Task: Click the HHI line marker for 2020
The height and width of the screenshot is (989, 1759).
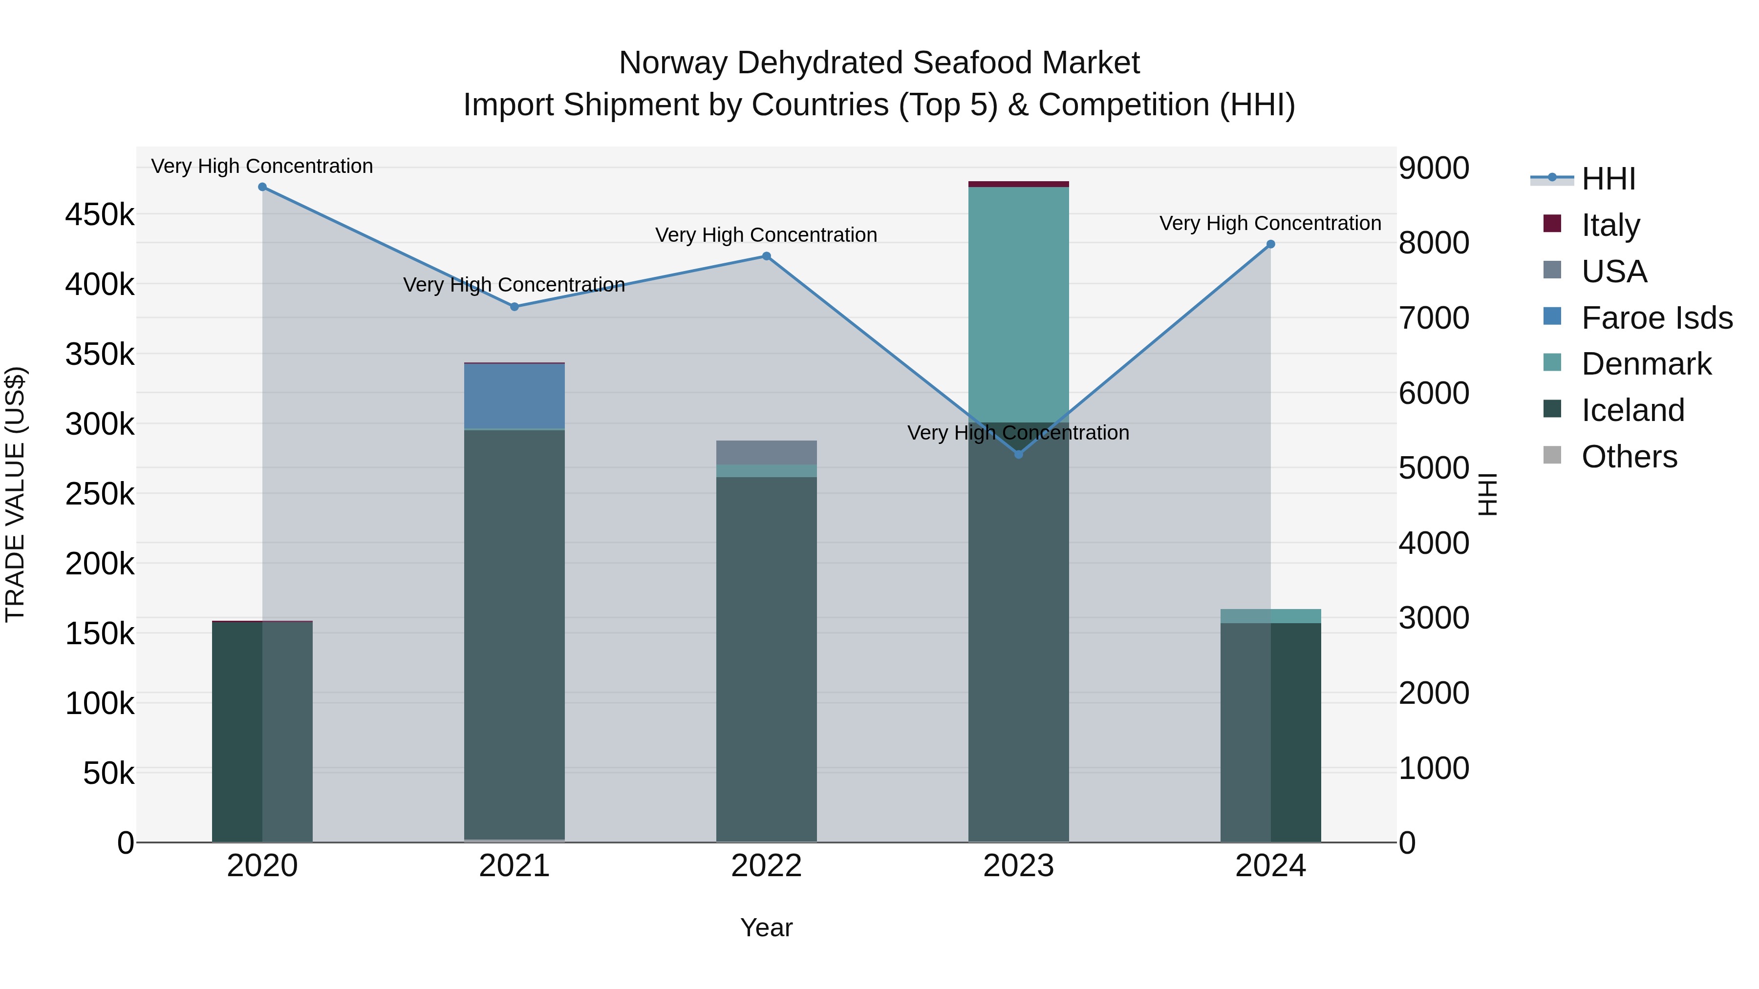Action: (x=262, y=187)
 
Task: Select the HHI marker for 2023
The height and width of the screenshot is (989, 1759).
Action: (x=1018, y=454)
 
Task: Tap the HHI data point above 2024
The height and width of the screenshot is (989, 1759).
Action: (x=1270, y=244)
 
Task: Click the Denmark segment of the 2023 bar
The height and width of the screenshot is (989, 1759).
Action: (x=1018, y=304)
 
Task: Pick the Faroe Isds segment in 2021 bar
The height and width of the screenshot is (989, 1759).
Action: (x=514, y=396)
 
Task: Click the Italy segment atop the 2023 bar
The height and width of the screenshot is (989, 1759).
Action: (x=1018, y=184)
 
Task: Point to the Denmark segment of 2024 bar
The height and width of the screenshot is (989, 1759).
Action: (x=1270, y=616)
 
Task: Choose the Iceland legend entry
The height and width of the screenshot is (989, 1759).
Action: (x=1632, y=410)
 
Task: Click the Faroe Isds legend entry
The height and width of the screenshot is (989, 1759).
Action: (x=1656, y=318)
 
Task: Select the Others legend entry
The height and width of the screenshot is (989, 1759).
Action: (x=1629, y=457)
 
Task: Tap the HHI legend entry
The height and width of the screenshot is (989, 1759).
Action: (x=1608, y=179)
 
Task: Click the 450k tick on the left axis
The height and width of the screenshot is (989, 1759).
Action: (x=100, y=215)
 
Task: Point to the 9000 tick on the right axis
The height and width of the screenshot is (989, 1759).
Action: (x=1433, y=168)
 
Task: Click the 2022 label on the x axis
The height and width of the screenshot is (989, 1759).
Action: (x=766, y=866)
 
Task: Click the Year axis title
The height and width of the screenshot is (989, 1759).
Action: (x=766, y=927)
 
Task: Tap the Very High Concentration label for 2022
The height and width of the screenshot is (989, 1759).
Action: (x=766, y=235)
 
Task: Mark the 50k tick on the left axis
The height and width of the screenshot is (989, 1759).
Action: (x=108, y=773)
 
